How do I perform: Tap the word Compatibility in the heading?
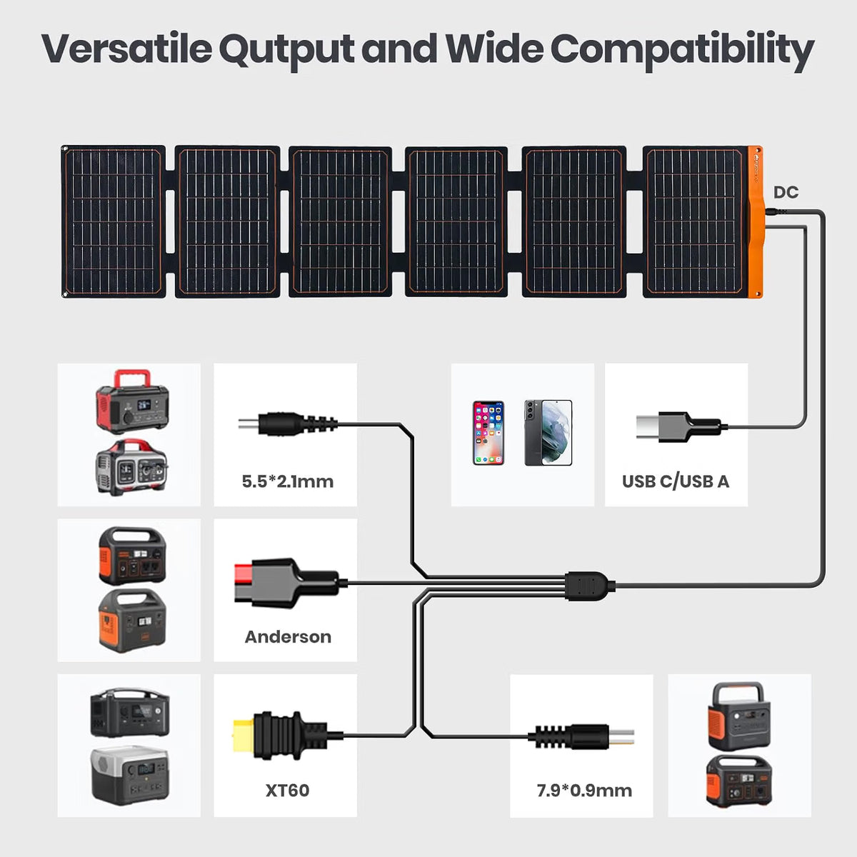tap(682, 50)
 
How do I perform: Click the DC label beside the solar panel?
tap(786, 192)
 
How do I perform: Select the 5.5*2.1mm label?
tap(288, 481)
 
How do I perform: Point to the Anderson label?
tap(288, 636)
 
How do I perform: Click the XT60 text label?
tap(287, 791)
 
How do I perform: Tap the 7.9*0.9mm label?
tap(584, 791)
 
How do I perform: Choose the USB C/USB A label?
tap(676, 481)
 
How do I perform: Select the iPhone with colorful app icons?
tap(488, 433)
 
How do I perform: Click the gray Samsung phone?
tap(548, 433)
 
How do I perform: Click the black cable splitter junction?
tap(590, 586)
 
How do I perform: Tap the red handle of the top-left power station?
tap(132, 379)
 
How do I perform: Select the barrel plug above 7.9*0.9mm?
tap(581, 737)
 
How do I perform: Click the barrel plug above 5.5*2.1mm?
tap(288, 423)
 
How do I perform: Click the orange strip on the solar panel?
tap(755, 222)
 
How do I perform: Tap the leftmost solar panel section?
tap(114, 221)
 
